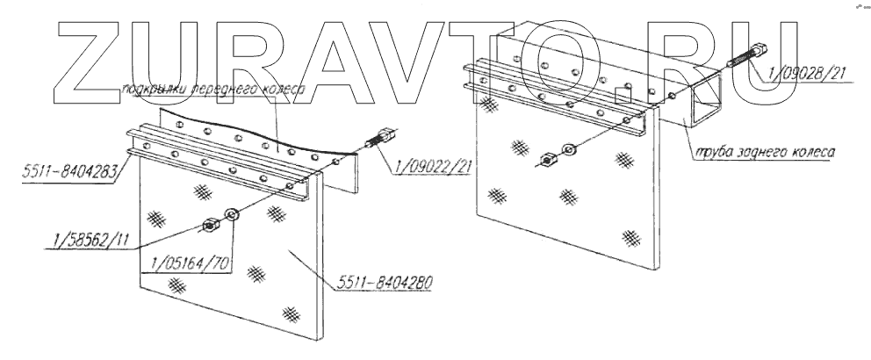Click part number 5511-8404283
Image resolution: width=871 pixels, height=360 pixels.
pyautogui.click(x=56, y=173)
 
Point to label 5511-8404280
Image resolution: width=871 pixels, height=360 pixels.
pyautogui.click(x=387, y=283)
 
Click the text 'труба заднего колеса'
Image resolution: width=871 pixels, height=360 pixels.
pyautogui.click(x=763, y=151)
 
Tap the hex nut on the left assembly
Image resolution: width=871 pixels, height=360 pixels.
pyautogui.click(x=212, y=226)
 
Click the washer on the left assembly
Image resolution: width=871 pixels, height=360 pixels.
pyautogui.click(x=234, y=213)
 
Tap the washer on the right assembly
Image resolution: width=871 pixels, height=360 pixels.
pyautogui.click(x=568, y=149)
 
